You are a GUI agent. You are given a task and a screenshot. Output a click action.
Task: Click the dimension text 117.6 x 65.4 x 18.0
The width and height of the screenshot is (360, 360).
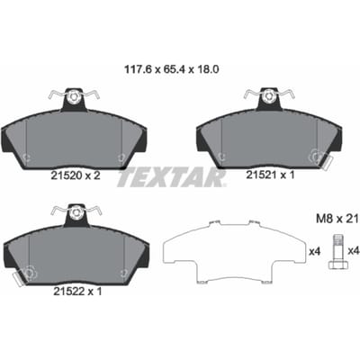[x=172, y=69]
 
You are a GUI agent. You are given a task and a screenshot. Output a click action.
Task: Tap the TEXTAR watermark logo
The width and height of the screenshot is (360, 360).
[x=171, y=178]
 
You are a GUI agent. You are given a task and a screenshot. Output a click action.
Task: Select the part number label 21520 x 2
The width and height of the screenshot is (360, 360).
[x=76, y=175]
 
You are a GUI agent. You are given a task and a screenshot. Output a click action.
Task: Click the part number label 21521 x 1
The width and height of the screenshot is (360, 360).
[x=270, y=175]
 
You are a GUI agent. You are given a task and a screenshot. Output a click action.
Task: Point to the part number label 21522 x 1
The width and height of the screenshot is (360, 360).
[x=77, y=291]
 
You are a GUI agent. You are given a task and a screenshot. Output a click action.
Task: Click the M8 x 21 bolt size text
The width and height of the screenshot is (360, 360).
[x=337, y=219]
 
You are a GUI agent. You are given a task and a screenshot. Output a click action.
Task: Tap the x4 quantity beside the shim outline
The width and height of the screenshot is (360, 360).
[x=315, y=251]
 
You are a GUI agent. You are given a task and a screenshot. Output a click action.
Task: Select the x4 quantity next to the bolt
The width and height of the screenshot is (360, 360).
[x=354, y=251]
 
